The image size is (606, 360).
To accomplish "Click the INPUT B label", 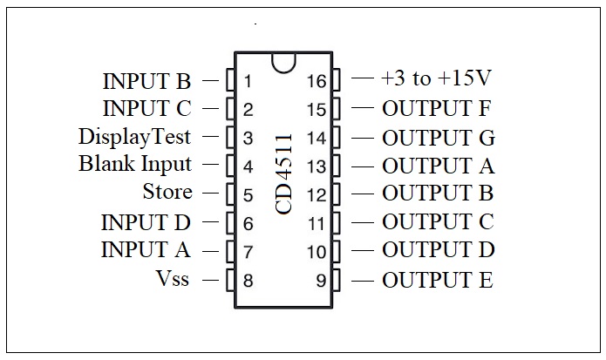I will click(146, 82).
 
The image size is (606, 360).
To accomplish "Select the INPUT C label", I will click(146, 110).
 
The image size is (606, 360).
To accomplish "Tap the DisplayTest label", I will click(134, 137).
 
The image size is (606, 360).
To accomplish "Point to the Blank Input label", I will click(135, 164).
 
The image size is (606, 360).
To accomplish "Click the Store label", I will click(167, 192).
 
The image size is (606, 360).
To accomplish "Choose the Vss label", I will click(174, 280).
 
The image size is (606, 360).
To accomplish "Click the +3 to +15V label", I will click(436, 79).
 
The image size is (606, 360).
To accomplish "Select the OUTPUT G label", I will click(438, 138).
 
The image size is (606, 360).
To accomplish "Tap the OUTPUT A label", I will click(438, 166).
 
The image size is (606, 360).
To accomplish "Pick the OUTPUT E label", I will click(437, 281).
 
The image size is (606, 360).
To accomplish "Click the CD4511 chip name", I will click(284, 173).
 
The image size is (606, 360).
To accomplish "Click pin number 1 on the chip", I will click(249, 82).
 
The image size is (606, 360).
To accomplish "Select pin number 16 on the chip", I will click(316, 82).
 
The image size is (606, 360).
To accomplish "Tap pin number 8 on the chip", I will click(249, 281).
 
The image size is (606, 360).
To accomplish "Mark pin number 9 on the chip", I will click(320, 281).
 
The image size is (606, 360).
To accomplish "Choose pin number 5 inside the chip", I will click(249, 195).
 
